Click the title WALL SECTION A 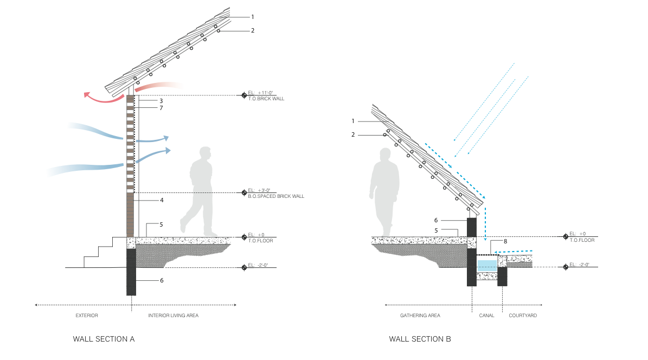104,339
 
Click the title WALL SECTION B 420,339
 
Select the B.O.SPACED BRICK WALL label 276,196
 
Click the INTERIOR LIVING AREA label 174,315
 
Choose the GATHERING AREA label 420,315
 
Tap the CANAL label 487,315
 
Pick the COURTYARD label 523,315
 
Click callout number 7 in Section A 161,108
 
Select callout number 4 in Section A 161,201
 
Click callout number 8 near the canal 505,241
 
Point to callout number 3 161,101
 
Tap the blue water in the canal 486,266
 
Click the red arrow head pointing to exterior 87,96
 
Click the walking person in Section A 199,190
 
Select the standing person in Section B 384,192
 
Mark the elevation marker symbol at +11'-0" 244,95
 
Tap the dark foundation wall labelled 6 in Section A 131,271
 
